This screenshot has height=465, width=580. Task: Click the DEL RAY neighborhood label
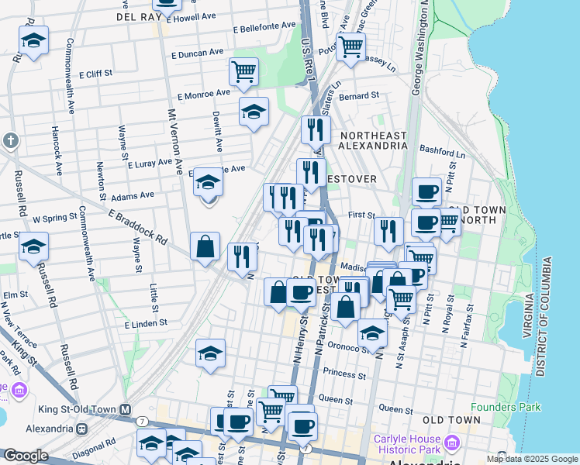tap(137, 15)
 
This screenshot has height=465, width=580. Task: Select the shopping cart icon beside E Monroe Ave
tap(243, 72)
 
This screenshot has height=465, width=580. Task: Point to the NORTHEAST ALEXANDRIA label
tap(373, 140)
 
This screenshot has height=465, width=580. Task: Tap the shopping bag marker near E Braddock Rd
tap(205, 248)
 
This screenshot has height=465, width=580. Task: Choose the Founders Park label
tap(506, 406)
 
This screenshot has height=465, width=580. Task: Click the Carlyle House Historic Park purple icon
tap(451, 443)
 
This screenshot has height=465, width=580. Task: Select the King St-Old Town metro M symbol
tap(123, 409)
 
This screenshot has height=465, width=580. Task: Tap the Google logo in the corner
tap(25, 456)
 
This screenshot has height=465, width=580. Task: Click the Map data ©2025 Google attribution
tap(532, 459)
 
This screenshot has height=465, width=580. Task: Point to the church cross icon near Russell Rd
tap(9, 141)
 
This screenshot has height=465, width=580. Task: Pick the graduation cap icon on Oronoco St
tap(372, 333)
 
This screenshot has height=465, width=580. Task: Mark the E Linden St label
tap(147, 322)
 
